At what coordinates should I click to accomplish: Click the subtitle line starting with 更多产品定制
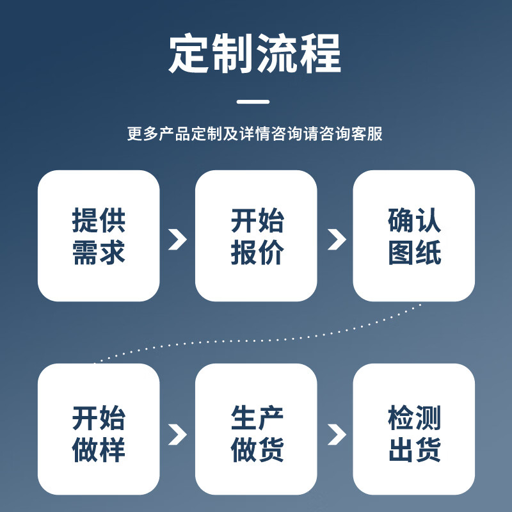(x=255, y=134)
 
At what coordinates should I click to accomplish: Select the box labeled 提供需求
(x=99, y=236)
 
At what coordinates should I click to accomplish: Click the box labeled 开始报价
(x=256, y=236)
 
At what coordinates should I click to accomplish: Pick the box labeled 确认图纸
(x=414, y=236)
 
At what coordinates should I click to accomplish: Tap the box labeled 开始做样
(x=99, y=429)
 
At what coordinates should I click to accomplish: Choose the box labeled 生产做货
(x=256, y=429)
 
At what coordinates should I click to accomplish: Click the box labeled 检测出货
(x=414, y=429)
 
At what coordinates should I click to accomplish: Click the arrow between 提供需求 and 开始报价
(x=177, y=239)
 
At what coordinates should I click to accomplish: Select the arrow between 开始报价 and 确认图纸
(x=336, y=239)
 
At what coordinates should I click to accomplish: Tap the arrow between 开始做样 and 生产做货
(x=177, y=434)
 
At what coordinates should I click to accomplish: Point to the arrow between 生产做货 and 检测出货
(x=336, y=434)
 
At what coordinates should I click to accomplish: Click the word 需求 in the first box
(x=99, y=252)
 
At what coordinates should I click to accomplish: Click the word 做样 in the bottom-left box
(x=99, y=449)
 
